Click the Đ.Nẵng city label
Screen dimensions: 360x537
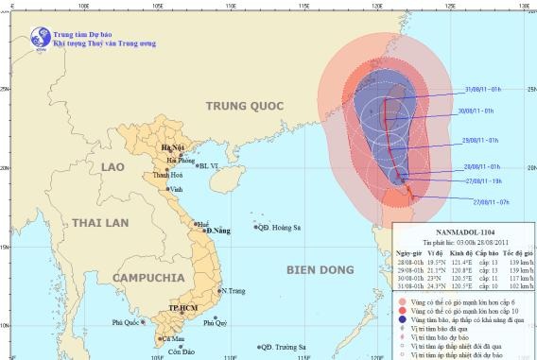tap(218, 231)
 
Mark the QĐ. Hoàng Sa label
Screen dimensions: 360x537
tap(281, 228)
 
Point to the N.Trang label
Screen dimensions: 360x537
tap(235, 291)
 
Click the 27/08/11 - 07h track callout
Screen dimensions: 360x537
tap(490, 201)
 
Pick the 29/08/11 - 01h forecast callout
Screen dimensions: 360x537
tap(481, 140)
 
